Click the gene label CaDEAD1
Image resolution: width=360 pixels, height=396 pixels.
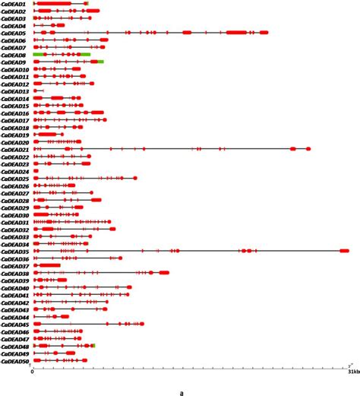(14, 5)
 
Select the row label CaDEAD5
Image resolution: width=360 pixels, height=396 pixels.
(14, 33)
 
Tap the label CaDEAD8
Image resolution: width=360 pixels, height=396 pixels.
(14, 55)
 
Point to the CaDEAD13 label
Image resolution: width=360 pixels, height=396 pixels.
(15, 91)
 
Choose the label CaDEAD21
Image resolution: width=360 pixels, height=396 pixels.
(15, 150)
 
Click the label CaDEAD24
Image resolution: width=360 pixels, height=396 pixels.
(15, 172)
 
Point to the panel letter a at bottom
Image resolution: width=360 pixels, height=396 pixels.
(181, 391)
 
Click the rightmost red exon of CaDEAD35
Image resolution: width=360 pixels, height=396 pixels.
(344, 251)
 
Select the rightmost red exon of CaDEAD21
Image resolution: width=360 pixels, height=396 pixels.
(308, 149)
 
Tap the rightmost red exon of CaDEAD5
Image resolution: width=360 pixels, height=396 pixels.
(264, 33)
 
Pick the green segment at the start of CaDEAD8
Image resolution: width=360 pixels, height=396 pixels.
(38, 55)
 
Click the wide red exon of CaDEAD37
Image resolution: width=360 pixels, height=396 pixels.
(50, 266)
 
